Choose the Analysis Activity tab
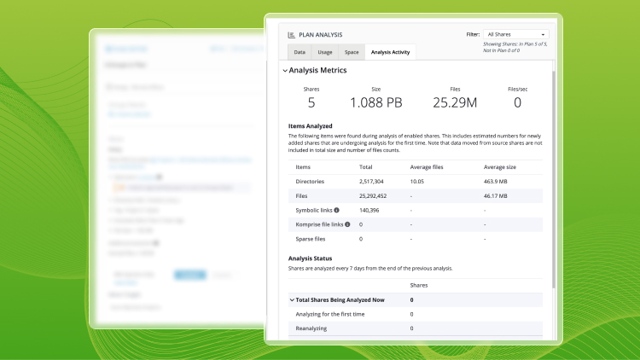click(391, 52)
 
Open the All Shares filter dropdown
click(515, 34)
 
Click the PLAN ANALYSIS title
click(321, 35)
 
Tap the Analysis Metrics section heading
click(317, 70)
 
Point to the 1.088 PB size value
click(376, 103)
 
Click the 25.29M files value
click(455, 103)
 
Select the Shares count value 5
click(311, 103)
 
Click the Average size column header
click(501, 167)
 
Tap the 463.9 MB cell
click(497, 182)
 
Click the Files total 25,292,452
click(379, 195)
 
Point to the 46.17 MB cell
click(497, 195)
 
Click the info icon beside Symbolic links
click(336, 210)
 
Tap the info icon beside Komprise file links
click(347, 224)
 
